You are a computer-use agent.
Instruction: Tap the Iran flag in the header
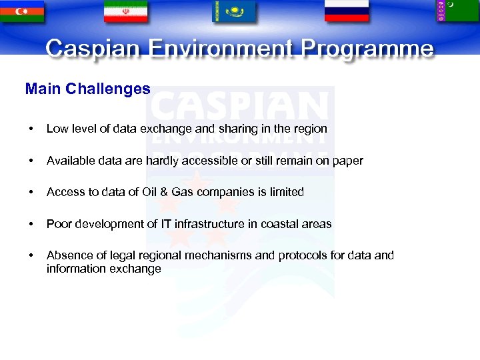(x=125, y=11)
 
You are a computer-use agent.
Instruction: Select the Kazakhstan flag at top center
(x=233, y=11)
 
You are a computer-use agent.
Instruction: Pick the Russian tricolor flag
(x=346, y=10)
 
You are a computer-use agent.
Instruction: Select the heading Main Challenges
(x=87, y=89)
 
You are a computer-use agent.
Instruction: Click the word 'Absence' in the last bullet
(x=67, y=255)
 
